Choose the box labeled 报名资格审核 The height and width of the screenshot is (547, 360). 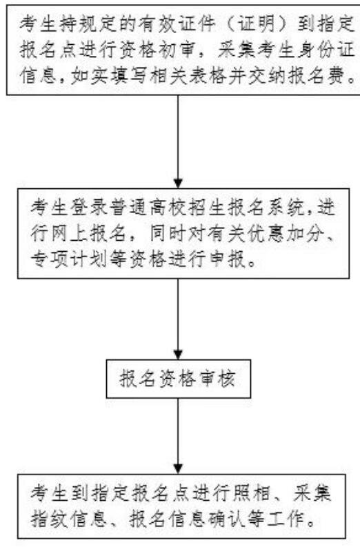(x=178, y=379)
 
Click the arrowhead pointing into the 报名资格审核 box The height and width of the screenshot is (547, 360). (x=178, y=355)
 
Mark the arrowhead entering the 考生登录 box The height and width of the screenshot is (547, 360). (x=178, y=183)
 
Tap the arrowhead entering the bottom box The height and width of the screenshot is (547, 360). (x=178, y=469)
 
